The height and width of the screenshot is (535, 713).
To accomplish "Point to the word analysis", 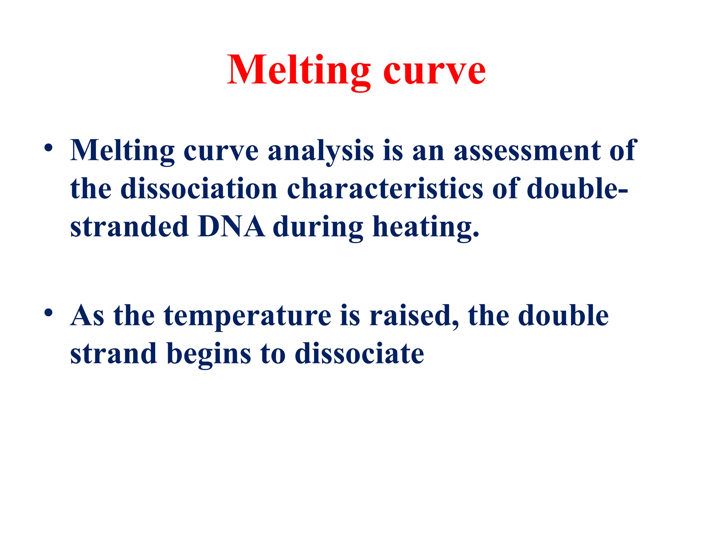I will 321,152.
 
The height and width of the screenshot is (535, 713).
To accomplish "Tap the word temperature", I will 247,316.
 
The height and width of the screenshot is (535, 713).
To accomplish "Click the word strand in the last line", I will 113,354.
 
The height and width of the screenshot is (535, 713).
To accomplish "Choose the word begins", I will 209,355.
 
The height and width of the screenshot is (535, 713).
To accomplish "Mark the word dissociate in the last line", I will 359,354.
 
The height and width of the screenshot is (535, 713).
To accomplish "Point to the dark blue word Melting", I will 122,152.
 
